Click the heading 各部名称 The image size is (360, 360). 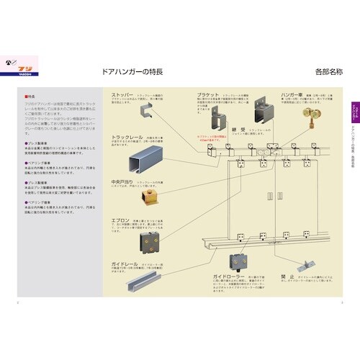328,72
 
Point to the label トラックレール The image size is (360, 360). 128,137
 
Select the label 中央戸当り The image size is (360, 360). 125,182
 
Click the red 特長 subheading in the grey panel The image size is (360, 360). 30,96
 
